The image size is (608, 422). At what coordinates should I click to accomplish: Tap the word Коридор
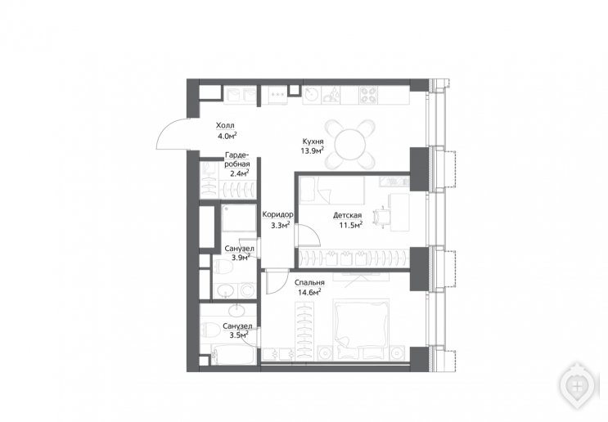click(277, 215)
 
